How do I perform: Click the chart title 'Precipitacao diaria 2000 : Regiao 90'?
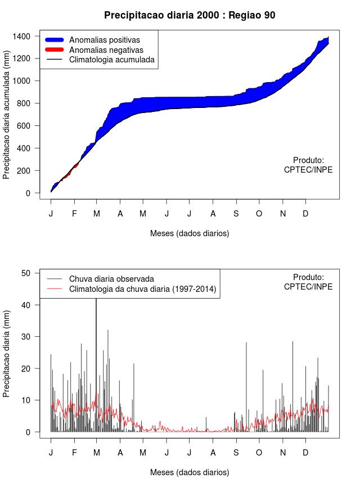[190, 15]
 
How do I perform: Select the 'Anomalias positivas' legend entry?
[104, 39]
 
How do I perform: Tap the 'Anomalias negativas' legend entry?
[106, 49]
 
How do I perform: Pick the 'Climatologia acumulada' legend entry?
[111, 59]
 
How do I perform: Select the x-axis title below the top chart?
[190, 233]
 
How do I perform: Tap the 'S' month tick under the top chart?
[236, 214]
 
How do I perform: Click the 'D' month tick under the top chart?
[305, 214]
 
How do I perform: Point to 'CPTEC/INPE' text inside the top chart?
[308, 170]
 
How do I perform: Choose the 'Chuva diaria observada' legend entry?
[111, 279]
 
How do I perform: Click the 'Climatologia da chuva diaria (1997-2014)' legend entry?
[142, 289]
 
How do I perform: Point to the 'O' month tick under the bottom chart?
[259, 453]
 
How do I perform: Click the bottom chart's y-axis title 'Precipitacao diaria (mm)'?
[7, 353]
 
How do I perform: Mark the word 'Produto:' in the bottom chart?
[308, 277]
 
